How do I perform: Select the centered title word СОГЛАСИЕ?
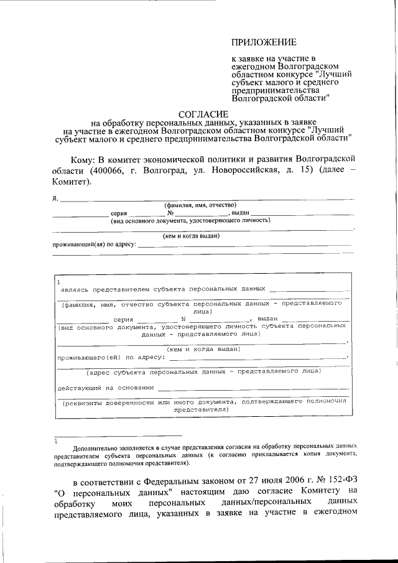pos(203,114)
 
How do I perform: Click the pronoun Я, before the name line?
pos(55,198)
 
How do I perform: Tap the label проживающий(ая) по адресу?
pos(94,244)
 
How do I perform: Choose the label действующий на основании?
pos(105,388)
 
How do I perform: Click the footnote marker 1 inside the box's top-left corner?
pos(58,281)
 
